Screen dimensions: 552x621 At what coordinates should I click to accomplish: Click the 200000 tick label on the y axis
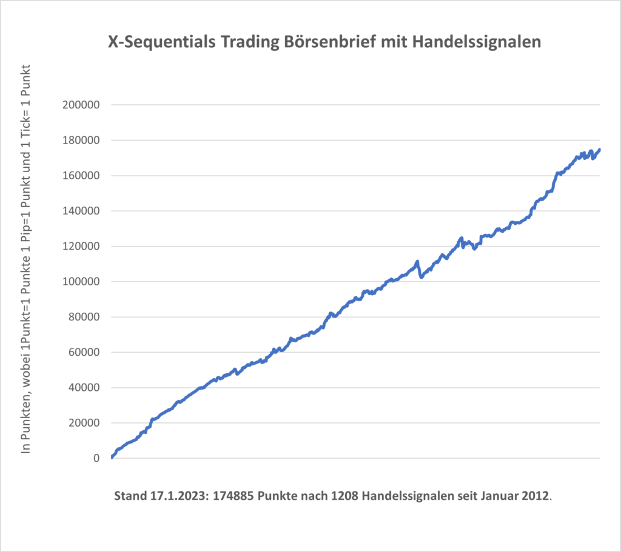[81, 105]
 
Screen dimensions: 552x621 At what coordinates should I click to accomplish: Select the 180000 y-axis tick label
[81, 140]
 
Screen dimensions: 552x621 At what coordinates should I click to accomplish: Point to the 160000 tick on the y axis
[81, 176]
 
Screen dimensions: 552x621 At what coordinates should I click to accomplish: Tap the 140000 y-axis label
[81, 211]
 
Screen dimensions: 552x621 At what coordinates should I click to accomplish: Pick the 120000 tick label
[81, 246]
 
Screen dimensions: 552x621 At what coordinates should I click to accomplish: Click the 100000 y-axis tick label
[81, 282]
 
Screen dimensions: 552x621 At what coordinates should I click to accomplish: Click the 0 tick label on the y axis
[96, 459]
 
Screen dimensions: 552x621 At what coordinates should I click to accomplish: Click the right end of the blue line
[600, 149]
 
